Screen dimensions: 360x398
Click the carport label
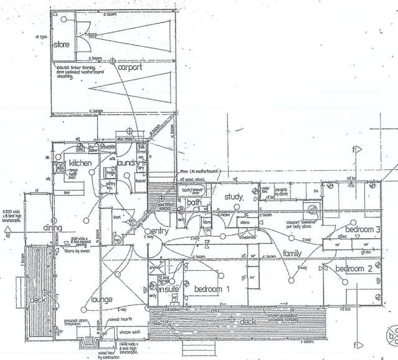click(130, 67)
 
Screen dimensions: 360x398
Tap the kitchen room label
click(80, 163)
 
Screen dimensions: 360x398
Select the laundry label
click(127, 163)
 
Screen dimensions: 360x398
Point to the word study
click(233, 197)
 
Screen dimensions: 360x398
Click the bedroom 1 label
click(212, 289)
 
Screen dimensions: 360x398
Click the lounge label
click(102, 300)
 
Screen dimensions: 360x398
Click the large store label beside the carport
click(62, 44)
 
